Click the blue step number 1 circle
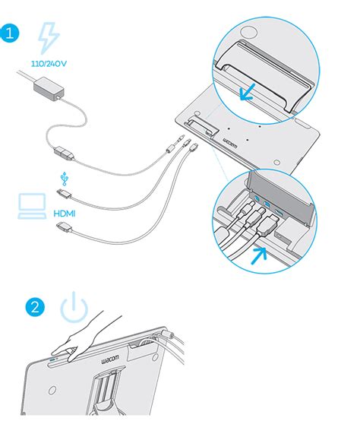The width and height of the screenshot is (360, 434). pos(9,33)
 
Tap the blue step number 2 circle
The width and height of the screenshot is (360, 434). pos(35,307)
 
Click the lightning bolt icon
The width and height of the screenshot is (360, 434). pos(49,38)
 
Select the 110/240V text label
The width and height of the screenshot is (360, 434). pos(49,64)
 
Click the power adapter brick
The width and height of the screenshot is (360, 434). pos(49,88)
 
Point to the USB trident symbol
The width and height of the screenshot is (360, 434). pos(65,179)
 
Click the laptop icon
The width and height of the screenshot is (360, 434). pos(32,206)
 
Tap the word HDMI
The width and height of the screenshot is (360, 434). pos(64,214)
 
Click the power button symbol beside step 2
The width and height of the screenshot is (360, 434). pos(74,307)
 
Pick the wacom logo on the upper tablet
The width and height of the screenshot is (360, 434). pos(231,141)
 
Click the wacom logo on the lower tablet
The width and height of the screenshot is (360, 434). pos(110,359)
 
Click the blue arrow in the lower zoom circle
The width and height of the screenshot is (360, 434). pos(258,255)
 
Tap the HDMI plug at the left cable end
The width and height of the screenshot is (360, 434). pos(65,227)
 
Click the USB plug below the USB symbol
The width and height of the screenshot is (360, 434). pos(64,193)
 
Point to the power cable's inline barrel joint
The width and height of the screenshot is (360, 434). pos(64,154)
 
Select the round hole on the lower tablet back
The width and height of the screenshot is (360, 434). pos(52,390)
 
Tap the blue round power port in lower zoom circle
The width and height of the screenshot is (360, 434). pos(257,198)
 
